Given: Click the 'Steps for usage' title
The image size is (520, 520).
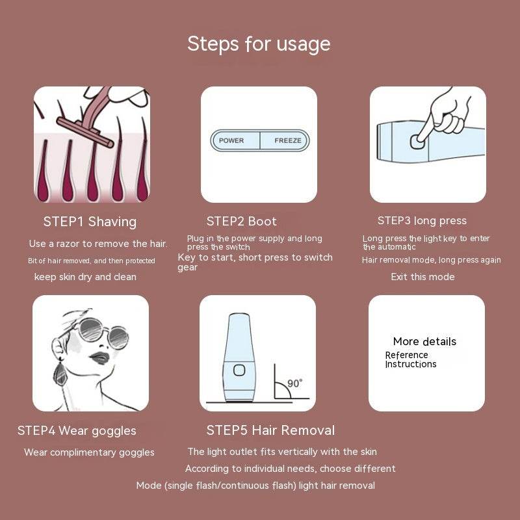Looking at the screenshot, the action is click(259, 44).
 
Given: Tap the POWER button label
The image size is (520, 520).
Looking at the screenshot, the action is click(231, 140).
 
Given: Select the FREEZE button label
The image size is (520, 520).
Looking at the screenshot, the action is click(288, 140).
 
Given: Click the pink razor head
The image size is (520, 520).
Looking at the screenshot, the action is click(85, 132).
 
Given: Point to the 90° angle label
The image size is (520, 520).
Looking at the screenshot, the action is click(294, 383).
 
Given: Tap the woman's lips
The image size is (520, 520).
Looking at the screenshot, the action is click(99, 358).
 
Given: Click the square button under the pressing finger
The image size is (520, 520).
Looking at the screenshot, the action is click(417, 142).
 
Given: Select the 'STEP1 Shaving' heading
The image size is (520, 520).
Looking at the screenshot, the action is click(90, 222).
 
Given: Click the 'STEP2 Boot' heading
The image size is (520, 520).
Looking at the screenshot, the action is click(241, 221).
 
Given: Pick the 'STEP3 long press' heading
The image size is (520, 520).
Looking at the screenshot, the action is click(422, 221).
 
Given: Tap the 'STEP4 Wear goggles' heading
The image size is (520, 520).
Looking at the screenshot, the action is click(77, 431).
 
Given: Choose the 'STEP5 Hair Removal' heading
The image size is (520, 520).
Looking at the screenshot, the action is click(270, 430).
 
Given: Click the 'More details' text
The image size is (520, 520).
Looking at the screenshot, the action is click(424, 341).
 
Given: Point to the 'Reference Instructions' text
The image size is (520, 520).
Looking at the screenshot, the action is click(411, 359).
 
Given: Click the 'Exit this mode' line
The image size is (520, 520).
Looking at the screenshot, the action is click(422, 277).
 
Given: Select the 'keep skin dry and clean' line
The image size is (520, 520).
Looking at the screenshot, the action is click(85, 277).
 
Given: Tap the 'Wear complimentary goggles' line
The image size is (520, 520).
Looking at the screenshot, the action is click(89, 452).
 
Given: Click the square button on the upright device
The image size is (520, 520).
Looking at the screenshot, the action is click(239, 370).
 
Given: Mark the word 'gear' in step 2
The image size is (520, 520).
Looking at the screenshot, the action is click(187, 268).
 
